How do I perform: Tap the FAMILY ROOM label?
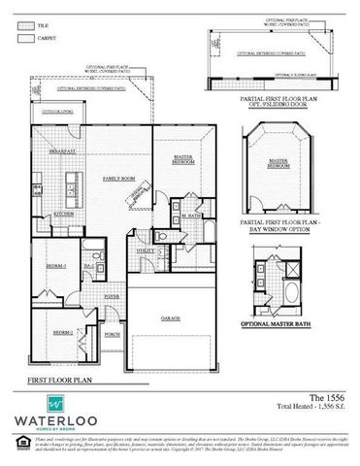118,180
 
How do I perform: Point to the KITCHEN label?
64,213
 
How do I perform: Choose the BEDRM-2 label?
60,331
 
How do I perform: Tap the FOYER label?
112,296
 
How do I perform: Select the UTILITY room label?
144,250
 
